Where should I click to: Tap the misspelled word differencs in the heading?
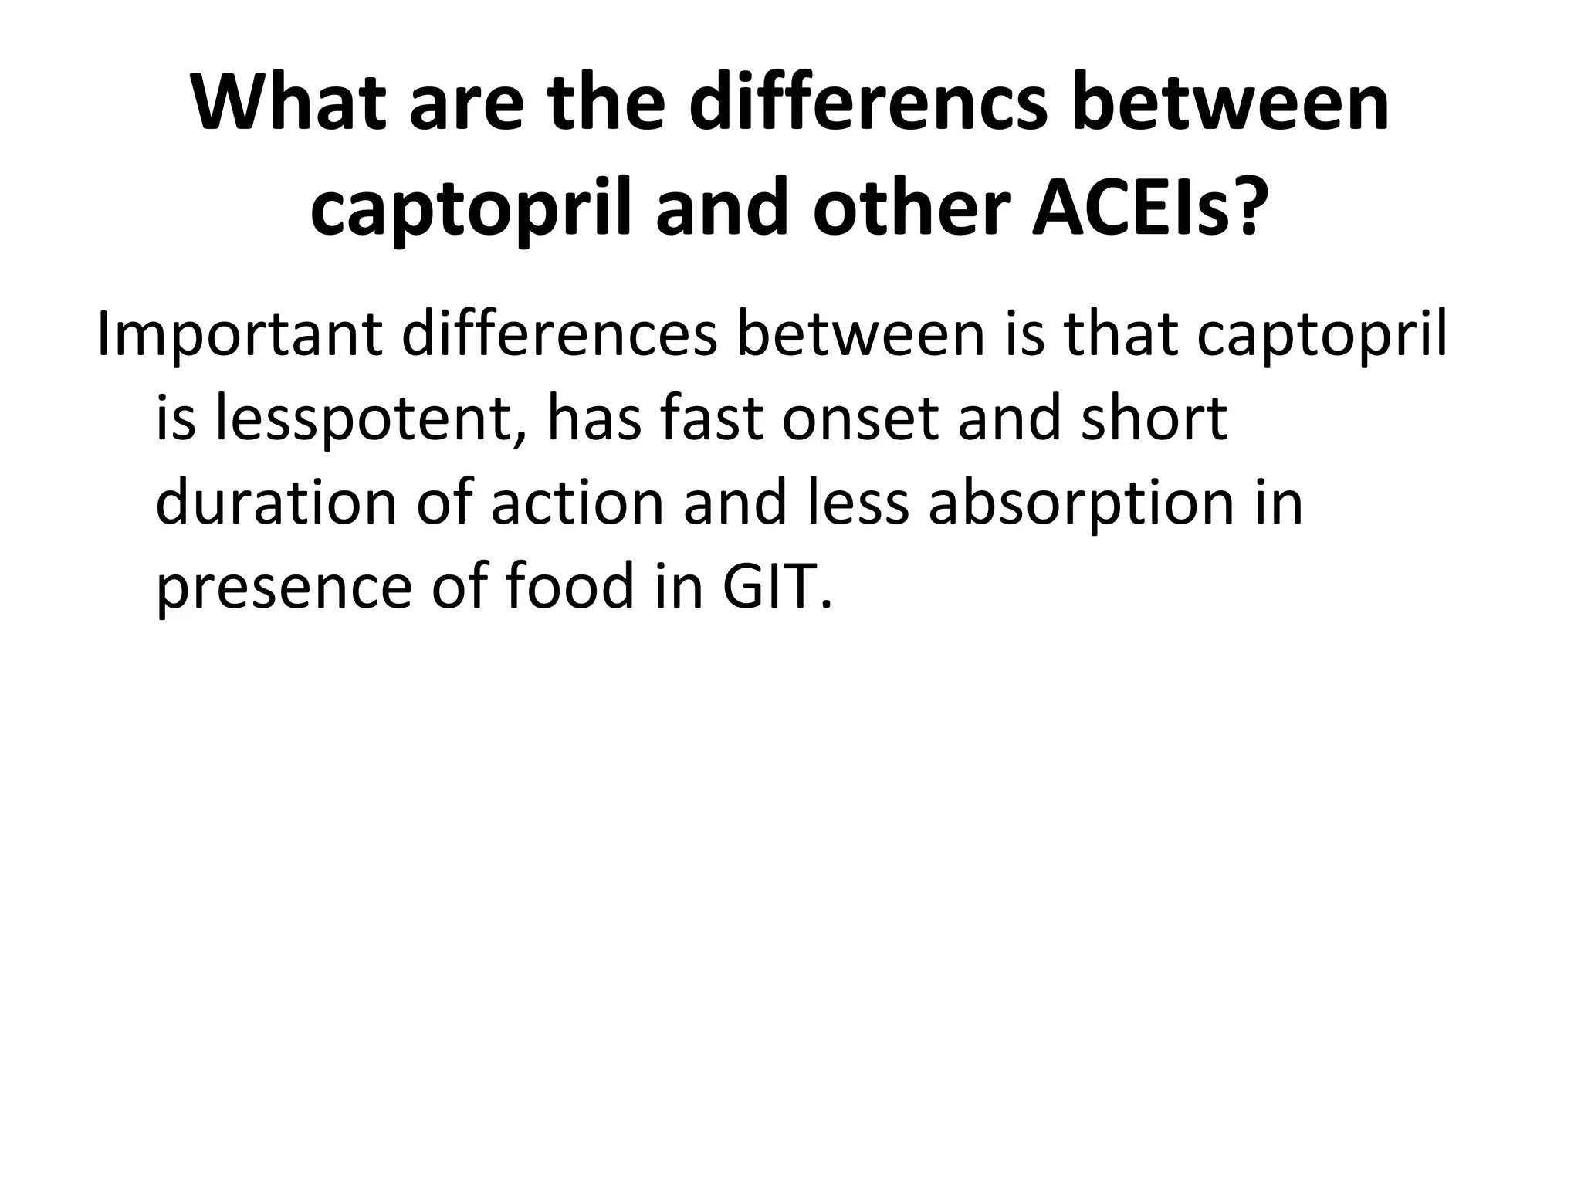click(868, 104)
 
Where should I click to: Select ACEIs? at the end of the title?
click(1150, 208)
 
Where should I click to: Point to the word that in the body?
click(1119, 336)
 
